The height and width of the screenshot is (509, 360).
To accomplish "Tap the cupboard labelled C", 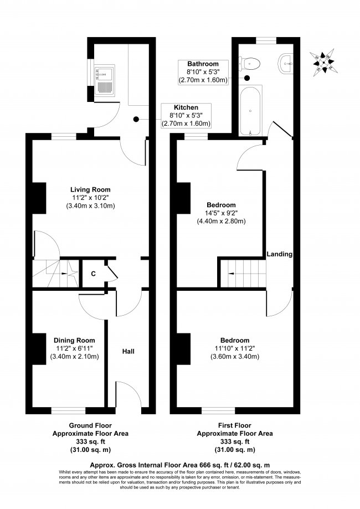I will click(93, 273).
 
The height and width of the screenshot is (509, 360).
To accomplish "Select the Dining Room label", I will click(74, 340).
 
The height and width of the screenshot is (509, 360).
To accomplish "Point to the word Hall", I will click(128, 352).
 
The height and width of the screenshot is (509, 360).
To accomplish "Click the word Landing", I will click(279, 254).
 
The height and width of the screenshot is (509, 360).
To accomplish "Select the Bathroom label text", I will click(203, 64).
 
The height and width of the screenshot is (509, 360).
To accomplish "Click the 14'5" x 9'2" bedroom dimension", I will click(221, 213).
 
